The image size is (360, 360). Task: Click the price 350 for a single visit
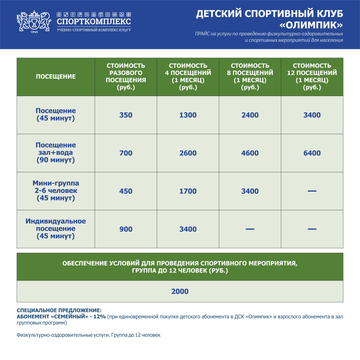[126, 115]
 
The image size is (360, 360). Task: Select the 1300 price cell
[188, 115]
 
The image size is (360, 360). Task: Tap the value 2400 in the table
[250, 115]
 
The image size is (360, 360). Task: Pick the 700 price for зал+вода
[126, 153]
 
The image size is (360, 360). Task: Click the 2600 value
[188, 153]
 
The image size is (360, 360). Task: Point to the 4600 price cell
[250, 153]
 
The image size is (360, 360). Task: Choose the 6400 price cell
[312, 153]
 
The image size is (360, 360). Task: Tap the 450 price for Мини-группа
[126, 191]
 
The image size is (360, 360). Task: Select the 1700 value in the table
[188, 191]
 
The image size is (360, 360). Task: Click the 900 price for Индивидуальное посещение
[126, 229]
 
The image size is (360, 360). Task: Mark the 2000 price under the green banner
[180, 291]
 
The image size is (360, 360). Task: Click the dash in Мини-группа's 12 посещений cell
[312, 191]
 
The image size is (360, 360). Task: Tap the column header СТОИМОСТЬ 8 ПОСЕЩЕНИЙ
[250, 77]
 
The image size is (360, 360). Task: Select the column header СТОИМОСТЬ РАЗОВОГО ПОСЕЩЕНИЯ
[126, 77]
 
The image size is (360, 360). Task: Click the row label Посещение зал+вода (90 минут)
[56, 153]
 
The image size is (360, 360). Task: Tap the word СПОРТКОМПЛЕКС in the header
[94, 22]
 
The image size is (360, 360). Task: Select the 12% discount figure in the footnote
[100, 317]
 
